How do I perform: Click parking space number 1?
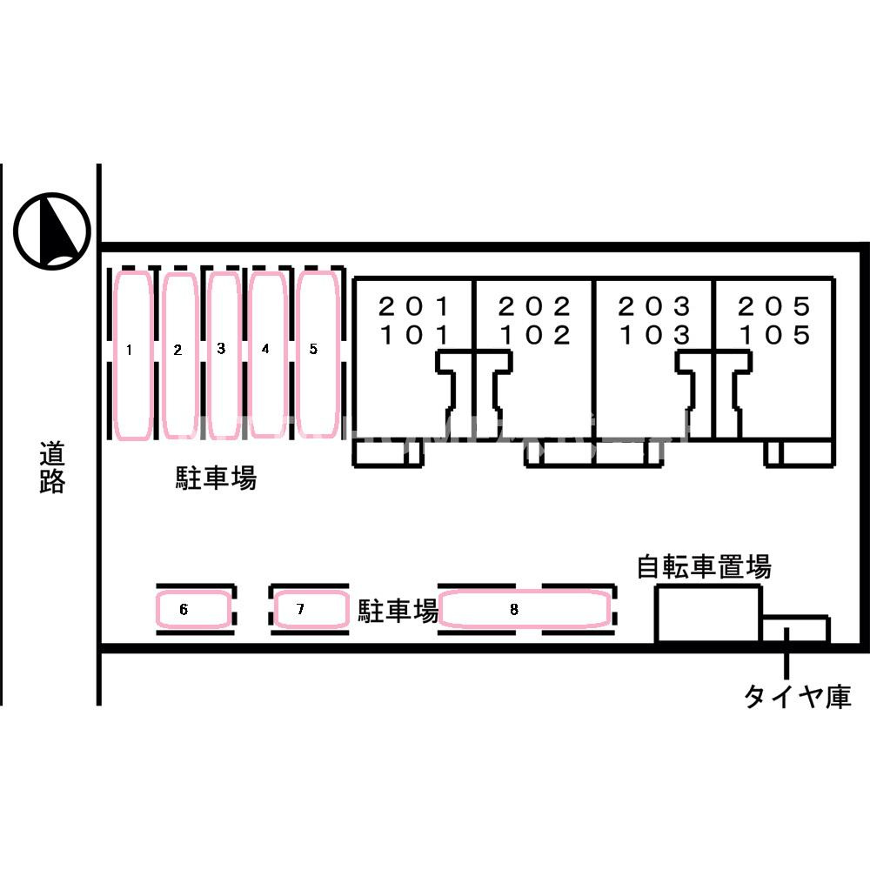132,356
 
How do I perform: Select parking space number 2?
180,356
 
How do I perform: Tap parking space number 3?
224,355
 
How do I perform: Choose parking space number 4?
267,354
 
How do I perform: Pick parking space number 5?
318,354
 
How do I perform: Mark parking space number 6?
192,609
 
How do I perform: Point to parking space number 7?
310,609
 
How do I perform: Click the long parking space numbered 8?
525,609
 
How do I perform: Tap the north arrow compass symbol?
52,231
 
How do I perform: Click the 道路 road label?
52,467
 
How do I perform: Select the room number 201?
413,306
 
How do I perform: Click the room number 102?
534,335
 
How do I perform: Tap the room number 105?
774,335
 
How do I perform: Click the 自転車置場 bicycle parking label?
704,566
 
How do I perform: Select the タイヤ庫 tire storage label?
797,696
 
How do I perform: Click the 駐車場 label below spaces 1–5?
216,478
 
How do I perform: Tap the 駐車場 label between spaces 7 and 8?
398,611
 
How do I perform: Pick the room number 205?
774,306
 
